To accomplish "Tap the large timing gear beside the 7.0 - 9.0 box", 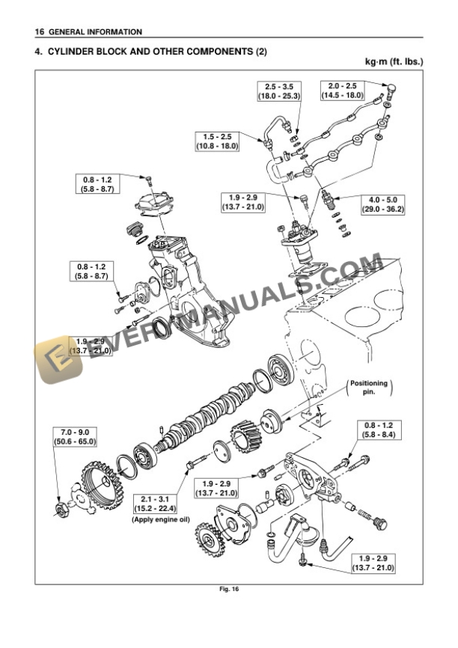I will (99, 486).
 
